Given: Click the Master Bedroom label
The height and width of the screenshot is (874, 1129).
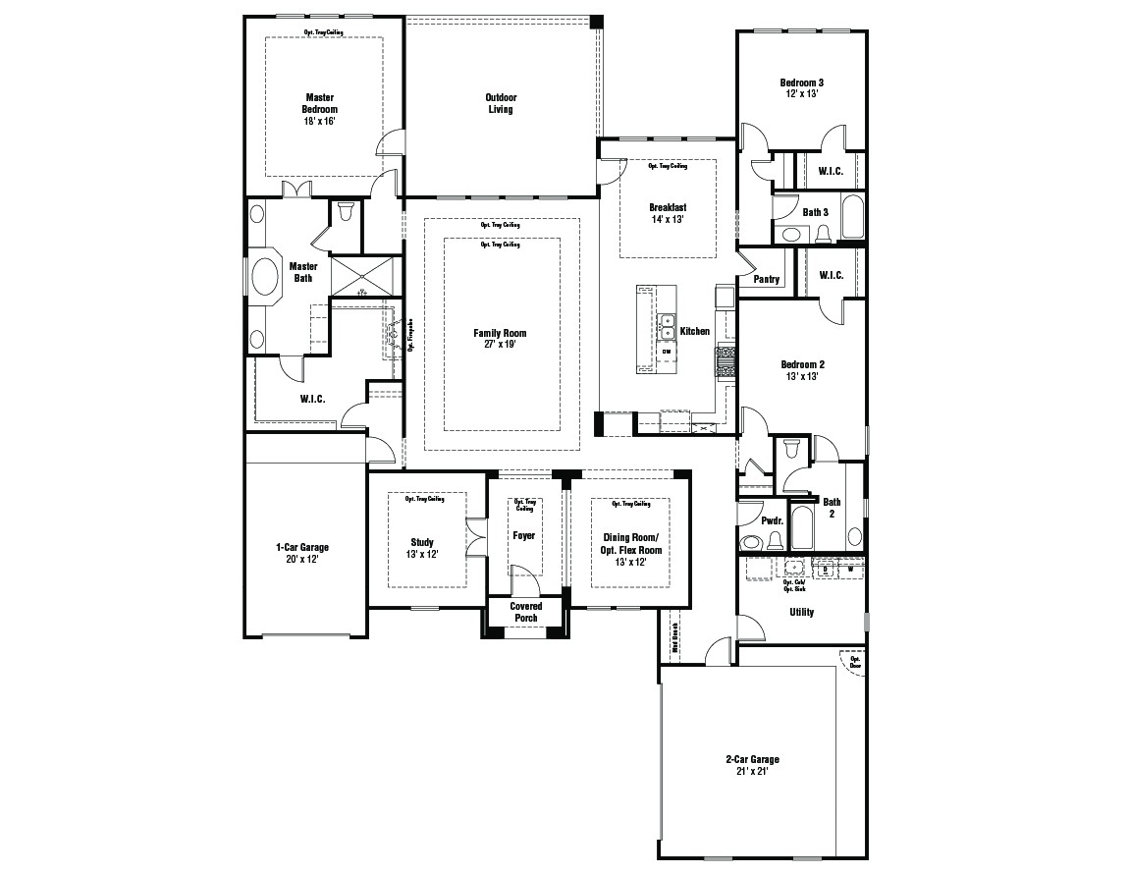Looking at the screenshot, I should pyautogui.click(x=319, y=103).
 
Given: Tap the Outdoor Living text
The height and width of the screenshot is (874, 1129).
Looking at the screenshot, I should pyautogui.click(x=501, y=103).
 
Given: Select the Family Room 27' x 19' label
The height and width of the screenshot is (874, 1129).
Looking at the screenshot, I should pyautogui.click(x=500, y=339).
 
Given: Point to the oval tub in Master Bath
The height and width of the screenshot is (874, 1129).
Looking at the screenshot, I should pyautogui.click(x=266, y=277).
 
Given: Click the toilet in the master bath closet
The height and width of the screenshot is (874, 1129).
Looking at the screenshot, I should pyautogui.click(x=346, y=211).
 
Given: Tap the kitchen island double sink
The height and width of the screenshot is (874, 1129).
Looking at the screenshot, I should pyautogui.click(x=667, y=325).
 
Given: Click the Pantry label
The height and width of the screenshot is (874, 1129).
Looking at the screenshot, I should pyautogui.click(x=767, y=280).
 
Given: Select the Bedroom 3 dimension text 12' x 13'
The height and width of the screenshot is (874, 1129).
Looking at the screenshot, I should pyautogui.click(x=801, y=94).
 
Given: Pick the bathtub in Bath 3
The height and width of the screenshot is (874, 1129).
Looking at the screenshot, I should pyautogui.click(x=851, y=217).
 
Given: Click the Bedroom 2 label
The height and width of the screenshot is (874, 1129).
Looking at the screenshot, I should pyautogui.click(x=802, y=364).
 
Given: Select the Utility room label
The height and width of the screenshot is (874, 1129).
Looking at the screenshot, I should pyautogui.click(x=801, y=612).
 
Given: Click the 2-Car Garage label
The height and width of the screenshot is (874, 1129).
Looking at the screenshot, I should pyautogui.click(x=752, y=759).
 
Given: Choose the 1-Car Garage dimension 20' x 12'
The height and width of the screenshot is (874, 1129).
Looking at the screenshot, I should pyautogui.click(x=302, y=559).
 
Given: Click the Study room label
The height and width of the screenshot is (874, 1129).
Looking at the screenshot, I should pyautogui.click(x=422, y=542).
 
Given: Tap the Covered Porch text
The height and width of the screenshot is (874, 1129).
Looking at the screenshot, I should pyautogui.click(x=525, y=612).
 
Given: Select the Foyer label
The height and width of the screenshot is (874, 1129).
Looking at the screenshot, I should pyautogui.click(x=524, y=535).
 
